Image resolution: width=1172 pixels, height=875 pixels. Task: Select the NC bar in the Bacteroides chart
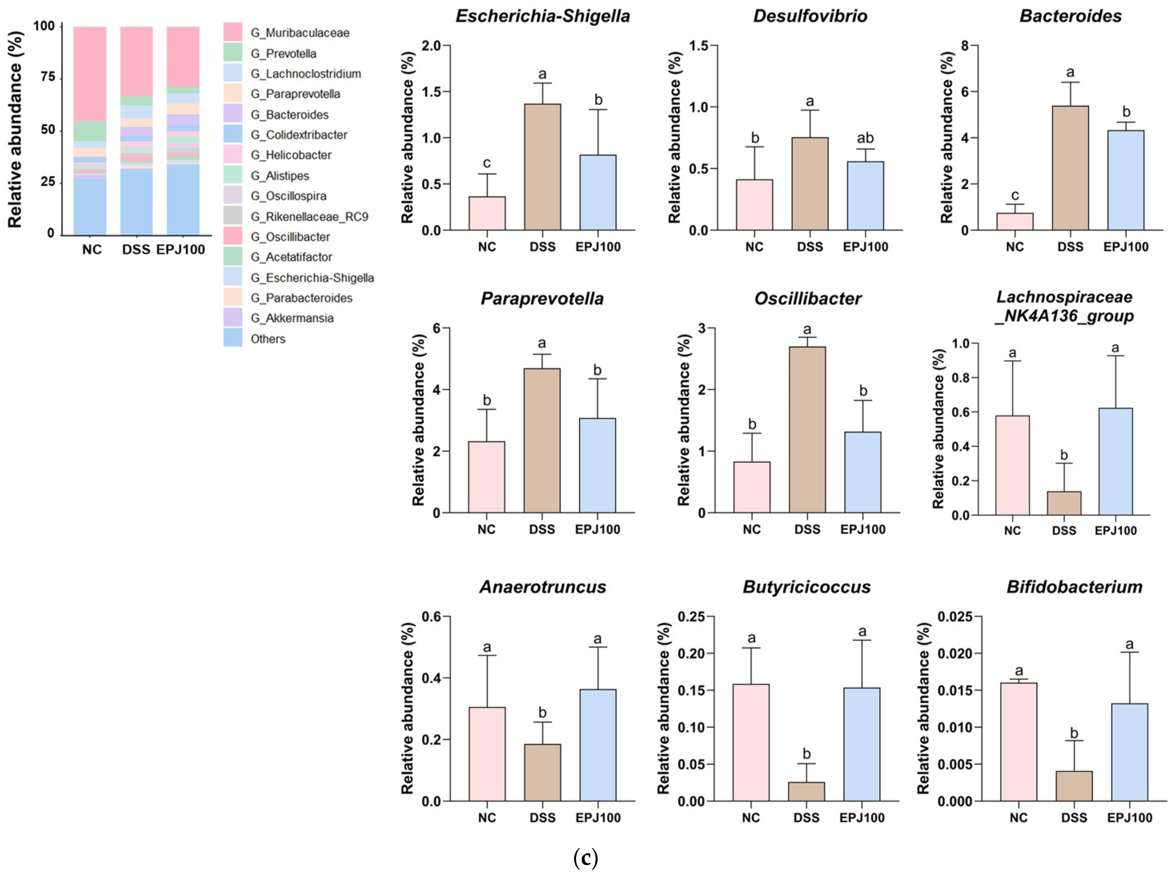1015,221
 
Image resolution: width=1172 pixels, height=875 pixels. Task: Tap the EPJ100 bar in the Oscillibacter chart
862,472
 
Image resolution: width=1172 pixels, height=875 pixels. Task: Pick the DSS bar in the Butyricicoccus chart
806,791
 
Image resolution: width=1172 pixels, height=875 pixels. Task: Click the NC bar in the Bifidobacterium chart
1018,742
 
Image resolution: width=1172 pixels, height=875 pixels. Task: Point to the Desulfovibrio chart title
810,16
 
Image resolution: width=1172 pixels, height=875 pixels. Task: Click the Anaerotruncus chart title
542,587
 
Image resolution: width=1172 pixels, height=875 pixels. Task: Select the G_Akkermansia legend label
292,318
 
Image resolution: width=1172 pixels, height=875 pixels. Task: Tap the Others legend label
268,339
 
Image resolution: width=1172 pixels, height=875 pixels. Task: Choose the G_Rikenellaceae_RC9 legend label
310,217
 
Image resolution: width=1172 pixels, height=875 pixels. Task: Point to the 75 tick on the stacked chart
48,77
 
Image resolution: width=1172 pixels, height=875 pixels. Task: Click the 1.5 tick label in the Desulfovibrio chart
699,46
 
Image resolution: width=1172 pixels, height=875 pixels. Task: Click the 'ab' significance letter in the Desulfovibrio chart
865,138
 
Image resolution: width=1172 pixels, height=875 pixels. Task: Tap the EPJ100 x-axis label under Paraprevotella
598,529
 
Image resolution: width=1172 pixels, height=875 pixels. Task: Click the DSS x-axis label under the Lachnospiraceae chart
1064,531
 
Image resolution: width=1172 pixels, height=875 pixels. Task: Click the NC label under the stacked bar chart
92,249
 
